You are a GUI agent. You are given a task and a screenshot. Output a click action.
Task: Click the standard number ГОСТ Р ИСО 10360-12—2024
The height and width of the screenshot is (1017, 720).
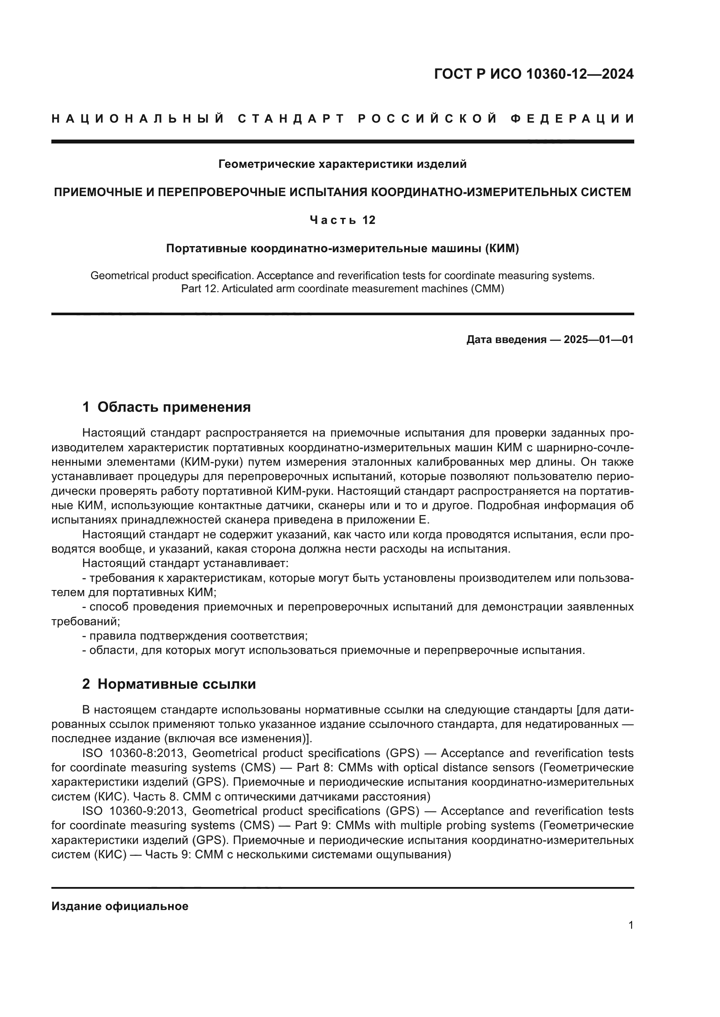point(534,74)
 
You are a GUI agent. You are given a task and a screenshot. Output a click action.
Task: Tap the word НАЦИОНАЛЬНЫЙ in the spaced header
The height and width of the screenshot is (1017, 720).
point(138,119)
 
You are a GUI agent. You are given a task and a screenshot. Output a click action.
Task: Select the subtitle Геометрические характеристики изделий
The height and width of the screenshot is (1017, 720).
point(342,164)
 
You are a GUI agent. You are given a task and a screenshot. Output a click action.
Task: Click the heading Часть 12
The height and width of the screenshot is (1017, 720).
point(342,220)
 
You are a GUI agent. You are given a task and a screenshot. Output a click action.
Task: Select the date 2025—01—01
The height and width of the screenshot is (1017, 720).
point(599,340)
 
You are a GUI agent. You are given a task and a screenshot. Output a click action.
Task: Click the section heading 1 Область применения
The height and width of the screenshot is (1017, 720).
point(166,407)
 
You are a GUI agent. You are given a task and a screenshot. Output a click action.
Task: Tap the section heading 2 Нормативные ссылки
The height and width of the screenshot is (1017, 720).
point(169,684)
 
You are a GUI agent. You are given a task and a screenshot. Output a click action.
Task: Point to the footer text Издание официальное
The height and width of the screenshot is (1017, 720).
point(120,906)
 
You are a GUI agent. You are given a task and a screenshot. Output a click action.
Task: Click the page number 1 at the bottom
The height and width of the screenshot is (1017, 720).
point(630,925)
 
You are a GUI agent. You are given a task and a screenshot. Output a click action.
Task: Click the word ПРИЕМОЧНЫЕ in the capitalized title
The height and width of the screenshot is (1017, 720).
point(101,192)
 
